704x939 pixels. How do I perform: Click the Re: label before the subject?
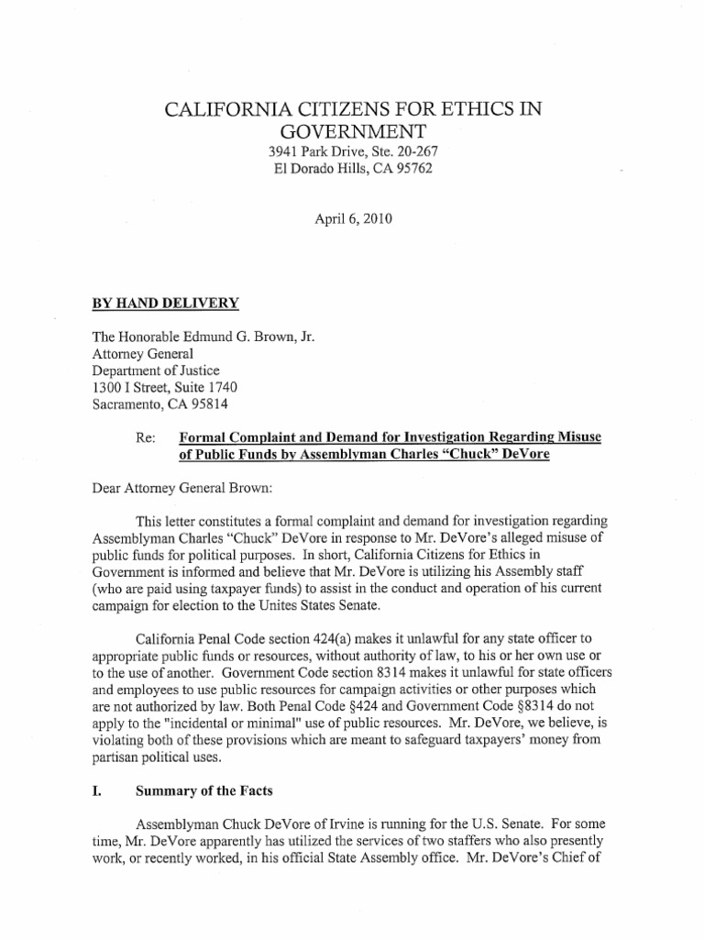(145, 437)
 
